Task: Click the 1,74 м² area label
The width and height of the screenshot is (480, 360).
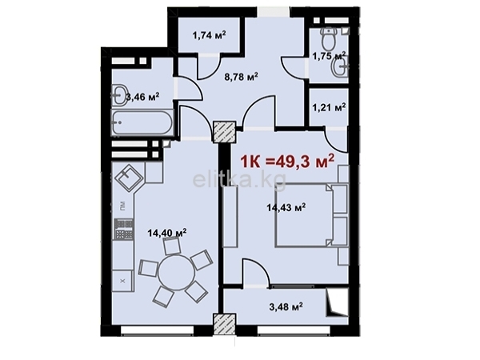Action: tap(209, 35)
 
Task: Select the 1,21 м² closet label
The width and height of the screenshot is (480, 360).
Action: tap(329, 107)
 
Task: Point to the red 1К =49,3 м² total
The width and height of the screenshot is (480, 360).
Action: tap(287, 162)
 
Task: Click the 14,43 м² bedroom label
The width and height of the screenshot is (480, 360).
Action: tap(286, 208)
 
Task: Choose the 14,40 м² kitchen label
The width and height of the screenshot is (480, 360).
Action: tap(167, 233)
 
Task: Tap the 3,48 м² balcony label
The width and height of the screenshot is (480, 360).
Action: tap(286, 306)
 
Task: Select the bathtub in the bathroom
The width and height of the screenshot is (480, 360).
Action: tap(142, 122)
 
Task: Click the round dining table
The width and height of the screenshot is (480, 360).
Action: tap(176, 273)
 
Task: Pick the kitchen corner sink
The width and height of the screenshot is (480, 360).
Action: tap(129, 177)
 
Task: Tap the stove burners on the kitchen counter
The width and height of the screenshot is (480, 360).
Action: tap(124, 229)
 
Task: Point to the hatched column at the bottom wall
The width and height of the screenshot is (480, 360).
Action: tap(225, 325)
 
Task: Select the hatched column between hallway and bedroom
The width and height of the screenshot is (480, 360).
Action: tap(225, 132)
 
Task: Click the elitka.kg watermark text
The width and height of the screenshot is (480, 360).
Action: tap(239, 181)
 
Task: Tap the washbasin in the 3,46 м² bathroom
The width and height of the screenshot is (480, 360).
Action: tap(120, 95)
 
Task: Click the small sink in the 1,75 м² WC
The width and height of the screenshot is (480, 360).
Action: tap(341, 66)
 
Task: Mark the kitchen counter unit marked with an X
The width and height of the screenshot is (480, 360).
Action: tap(122, 281)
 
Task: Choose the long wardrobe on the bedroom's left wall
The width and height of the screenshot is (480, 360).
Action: tap(230, 217)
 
